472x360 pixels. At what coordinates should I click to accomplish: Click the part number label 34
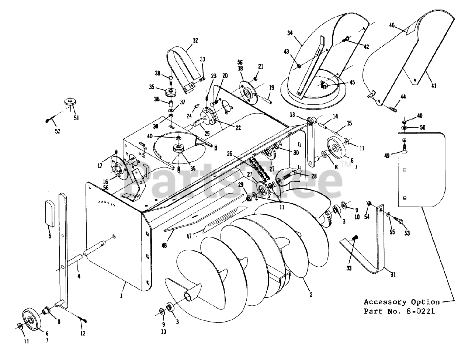pos(290,33)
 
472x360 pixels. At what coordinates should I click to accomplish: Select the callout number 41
pos(434,86)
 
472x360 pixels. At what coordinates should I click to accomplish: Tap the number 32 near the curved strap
pos(195,41)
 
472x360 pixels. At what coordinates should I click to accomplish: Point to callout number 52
pos(58,131)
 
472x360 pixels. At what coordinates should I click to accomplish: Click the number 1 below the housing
pos(121,296)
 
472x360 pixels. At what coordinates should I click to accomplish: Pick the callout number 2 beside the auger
pos(311,295)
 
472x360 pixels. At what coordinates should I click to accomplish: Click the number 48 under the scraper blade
pos(164,245)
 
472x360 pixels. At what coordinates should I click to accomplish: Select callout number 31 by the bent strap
pos(393,274)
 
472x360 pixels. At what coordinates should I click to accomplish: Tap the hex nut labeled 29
pos(249,199)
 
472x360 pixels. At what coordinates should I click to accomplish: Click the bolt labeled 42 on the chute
pos(345,39)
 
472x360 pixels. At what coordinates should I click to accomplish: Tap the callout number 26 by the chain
pos(230,153)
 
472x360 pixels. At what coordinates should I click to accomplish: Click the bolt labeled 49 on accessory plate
pos(405,149)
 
